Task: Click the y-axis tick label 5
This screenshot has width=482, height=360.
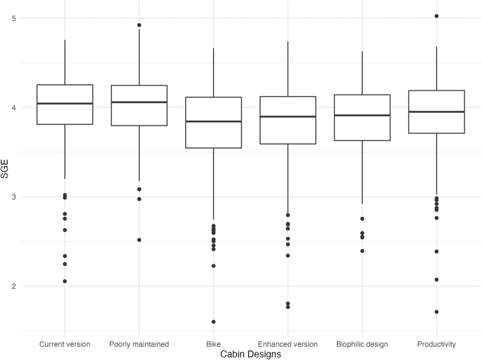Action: pos(20,18)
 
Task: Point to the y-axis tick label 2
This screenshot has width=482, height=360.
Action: pos(20,286)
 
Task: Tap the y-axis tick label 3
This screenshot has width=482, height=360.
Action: pos(20,197)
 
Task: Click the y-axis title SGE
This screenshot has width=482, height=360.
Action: pos(5,170)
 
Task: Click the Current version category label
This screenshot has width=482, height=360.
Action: pos(65,344)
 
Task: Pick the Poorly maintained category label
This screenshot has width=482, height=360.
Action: pos(139,344)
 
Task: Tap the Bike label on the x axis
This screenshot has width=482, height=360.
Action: pos(213,344)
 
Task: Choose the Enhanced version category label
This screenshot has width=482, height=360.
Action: pos(288,344)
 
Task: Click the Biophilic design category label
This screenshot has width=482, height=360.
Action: pos(362,344)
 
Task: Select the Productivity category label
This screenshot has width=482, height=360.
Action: pos(436,344)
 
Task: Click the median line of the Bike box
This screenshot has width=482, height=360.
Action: pos(213,121)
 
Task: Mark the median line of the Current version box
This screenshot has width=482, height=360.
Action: pos(65,104)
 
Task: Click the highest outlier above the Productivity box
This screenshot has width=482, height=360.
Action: pos(436,16)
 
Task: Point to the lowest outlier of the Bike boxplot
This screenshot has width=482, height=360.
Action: pos(213,322)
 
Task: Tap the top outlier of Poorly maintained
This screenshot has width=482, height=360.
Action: pos(139,25)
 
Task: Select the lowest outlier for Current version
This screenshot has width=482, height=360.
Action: pos(65,281)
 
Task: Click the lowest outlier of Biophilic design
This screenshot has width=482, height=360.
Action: pos(362,251)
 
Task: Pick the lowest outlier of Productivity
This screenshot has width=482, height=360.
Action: pos(436,312)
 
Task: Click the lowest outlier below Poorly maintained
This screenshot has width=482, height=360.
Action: pos(139,240)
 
